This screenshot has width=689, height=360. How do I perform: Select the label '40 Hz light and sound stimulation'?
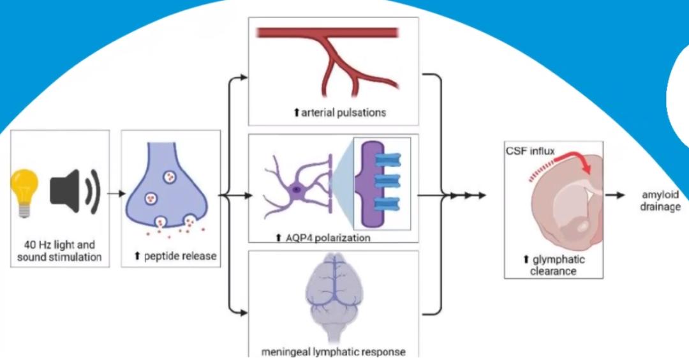point(61,251)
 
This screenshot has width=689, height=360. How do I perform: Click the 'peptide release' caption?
point(175,257)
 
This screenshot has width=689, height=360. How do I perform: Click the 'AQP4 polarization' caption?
point(323,238)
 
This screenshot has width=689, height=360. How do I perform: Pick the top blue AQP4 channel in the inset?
point(387,159)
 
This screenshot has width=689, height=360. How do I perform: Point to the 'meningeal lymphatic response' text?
point(333,351)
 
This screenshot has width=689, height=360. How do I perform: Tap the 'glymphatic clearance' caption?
point(553,265)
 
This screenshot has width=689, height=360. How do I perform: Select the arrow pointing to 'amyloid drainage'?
point(616,195)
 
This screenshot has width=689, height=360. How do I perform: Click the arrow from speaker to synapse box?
point(115,193)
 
